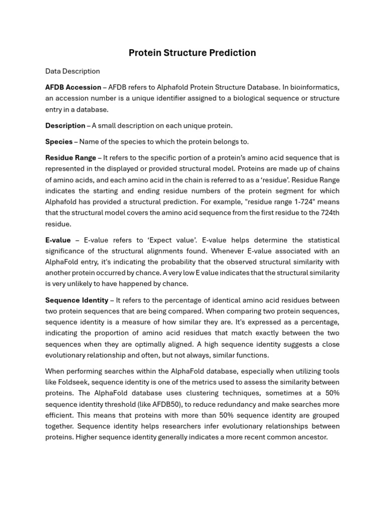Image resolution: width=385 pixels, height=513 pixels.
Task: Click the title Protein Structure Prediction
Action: point(192,53)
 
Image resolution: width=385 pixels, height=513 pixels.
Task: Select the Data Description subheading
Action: point(72,71)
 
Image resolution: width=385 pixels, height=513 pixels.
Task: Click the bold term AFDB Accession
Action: point(73,87)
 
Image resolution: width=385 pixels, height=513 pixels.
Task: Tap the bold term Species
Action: point(59,142)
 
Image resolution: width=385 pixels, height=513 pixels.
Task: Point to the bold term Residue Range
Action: point(71,158)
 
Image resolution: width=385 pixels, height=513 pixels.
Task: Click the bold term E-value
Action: point(58,240)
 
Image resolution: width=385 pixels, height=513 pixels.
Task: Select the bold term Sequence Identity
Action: point(77,300)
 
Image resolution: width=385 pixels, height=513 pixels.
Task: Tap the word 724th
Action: point(328,213)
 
